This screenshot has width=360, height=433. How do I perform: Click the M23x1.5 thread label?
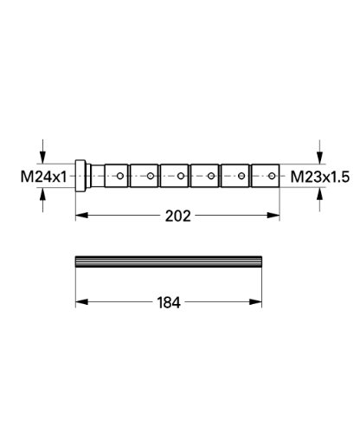[x=318, y=177]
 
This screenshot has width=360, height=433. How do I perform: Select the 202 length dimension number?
[x=177, y=215]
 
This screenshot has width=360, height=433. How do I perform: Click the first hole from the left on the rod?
[x=119, y=177]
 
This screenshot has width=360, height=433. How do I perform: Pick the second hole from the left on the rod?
[x=150, y=177]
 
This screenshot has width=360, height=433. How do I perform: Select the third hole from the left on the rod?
[x=180, y=177]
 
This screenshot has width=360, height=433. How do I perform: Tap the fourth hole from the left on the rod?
[x=210, y=177]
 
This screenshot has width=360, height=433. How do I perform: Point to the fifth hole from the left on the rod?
[x=241, y=177]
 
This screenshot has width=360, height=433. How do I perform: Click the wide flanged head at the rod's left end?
[x=81, y=177]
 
